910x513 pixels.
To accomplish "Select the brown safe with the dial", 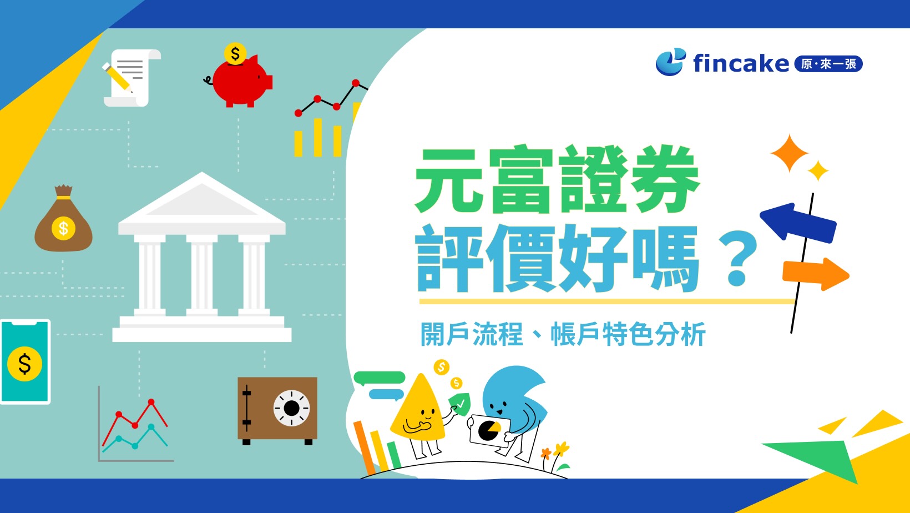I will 277,409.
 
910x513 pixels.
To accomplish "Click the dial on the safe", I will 291,408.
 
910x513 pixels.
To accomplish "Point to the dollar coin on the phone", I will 25,364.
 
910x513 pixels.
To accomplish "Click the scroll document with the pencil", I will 129,78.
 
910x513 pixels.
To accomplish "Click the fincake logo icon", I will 670,62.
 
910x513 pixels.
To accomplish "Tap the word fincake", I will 741,63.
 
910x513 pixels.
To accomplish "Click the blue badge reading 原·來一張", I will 828,64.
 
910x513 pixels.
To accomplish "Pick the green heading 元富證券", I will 557,180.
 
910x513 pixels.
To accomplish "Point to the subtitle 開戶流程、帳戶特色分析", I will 563,334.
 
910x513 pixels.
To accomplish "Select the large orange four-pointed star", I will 789,153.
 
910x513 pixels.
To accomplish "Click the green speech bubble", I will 380,378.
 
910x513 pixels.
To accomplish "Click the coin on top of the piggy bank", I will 235,54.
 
